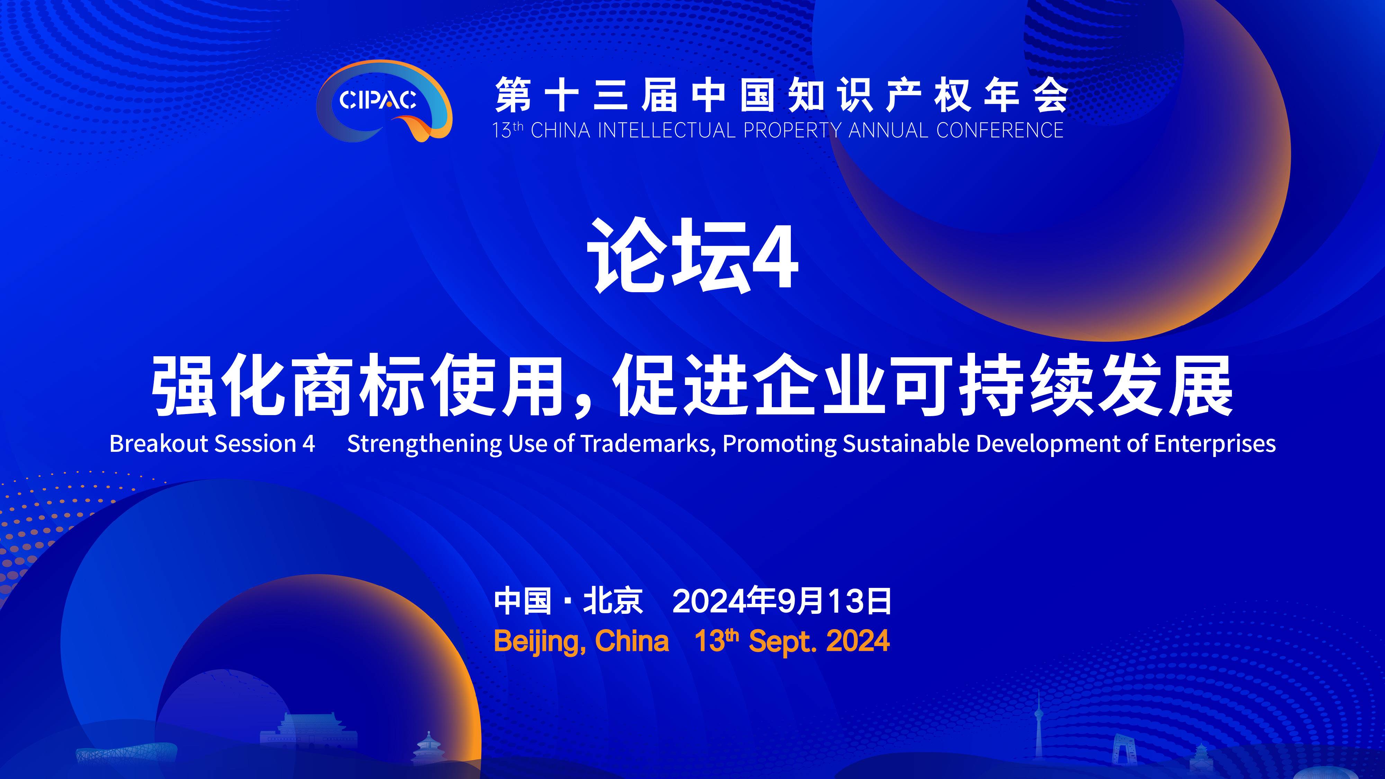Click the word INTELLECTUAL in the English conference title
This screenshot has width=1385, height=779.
coord(666,131)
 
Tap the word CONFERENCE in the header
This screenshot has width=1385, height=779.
coord(1000,131)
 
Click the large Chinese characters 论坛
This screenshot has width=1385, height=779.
coord(668,256)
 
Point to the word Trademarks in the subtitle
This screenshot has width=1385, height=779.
coord(648,444)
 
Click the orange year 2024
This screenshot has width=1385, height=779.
coord(858,641)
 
